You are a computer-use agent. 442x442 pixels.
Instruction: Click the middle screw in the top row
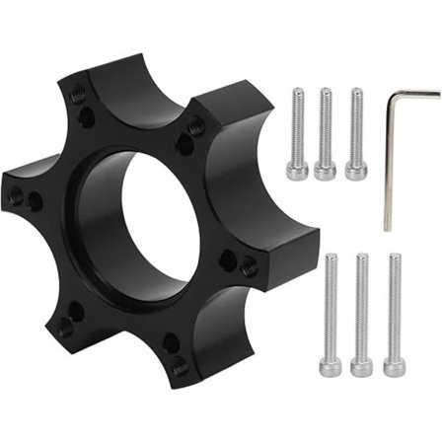[x=326, y=133]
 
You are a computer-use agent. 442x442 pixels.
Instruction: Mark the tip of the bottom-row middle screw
[x=362, y=257]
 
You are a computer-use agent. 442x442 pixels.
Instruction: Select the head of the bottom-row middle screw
[x=363, y=366]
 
